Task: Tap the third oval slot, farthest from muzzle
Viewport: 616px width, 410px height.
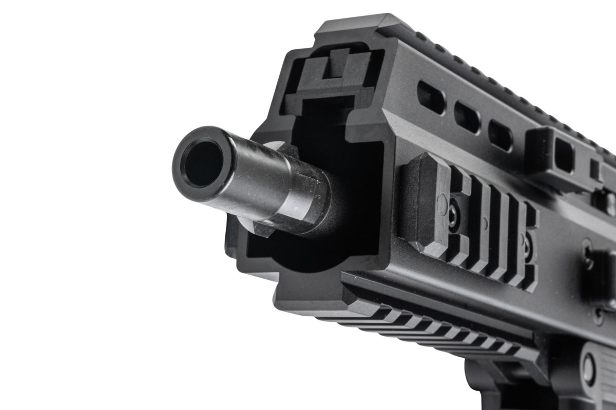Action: click(x=500, y=135)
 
